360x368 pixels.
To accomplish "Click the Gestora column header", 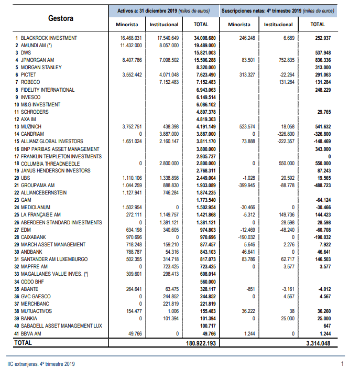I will coord(61,18).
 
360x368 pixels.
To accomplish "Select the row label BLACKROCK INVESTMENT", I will coord(49,38).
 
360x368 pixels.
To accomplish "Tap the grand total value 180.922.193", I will coord(201,343).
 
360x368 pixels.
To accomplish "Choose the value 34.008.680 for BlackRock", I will coord(201,38).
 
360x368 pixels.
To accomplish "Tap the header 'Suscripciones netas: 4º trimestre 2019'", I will coord(278,10).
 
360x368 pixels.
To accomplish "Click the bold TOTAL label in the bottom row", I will coord(23,343).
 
